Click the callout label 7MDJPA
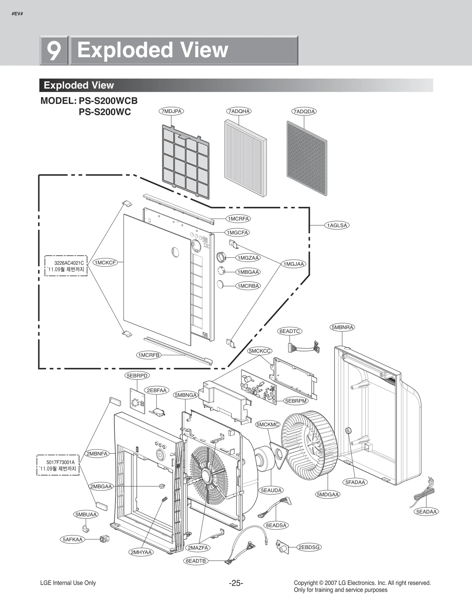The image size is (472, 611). [x=171, y=111]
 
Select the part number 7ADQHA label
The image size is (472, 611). [x=239, y=111]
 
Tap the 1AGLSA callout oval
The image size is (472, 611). [x=337, y=225]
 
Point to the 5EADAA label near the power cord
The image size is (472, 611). [x=426, y=512]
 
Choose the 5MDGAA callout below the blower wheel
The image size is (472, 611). [x=328, y=494]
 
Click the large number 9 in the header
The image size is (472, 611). [x=54, y=50]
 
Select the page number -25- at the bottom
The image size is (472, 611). [x=236, y=583]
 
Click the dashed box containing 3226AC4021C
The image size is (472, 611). [x=66, y=266]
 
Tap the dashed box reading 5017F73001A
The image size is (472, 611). [x=58, y=465]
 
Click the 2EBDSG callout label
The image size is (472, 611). [x=309, y=547]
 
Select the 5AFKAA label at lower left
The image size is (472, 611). [x=73, y=539]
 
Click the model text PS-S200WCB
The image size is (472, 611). [x=108, y=101]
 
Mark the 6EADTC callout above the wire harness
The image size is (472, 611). [x=290, y=331]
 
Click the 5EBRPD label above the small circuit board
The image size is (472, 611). [x=137, y=376]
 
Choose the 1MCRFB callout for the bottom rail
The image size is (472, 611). [x=149, y=355]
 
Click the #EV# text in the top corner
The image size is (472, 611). [x=17, y=14]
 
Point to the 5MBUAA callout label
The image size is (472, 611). [x=86, y=515]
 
